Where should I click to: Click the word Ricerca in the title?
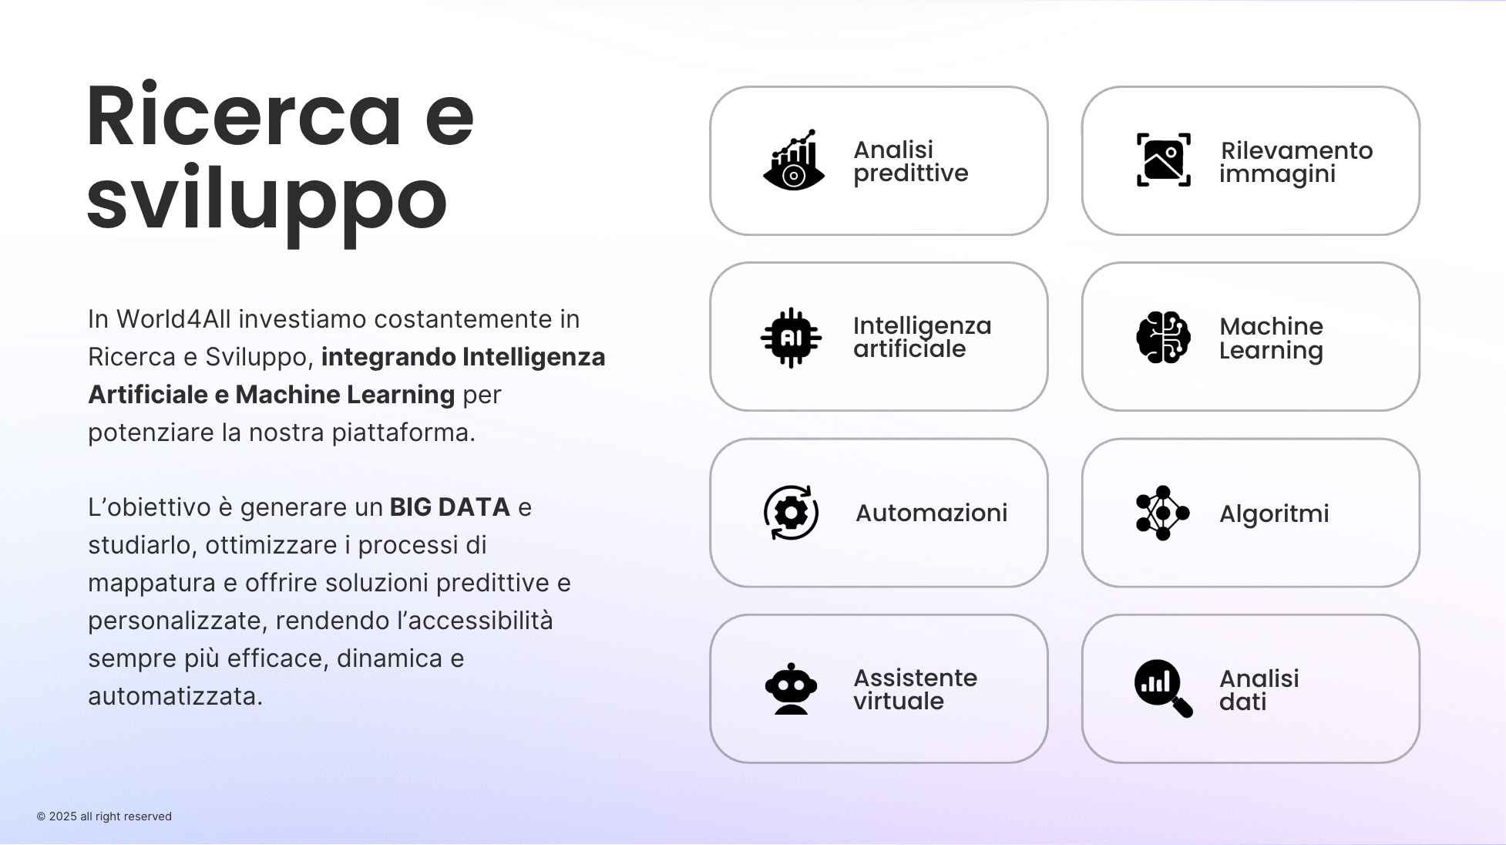[x=244, y=116]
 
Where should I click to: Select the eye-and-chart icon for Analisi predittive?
[x=794, y=160]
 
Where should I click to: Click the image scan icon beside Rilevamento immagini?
[x=1164, y=160]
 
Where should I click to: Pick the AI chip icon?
[x=791, y=338]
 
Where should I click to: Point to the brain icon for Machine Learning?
[x=1164, y=337]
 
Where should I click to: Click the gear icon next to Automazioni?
[x=791, y=513]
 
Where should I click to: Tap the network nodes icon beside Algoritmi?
[x=1163, y=513]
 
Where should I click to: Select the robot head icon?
[x=791, y=688]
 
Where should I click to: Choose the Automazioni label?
[x=931, y=513]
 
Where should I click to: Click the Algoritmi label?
[x=1274, y=513]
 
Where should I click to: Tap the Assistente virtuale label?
[x=915, y=689]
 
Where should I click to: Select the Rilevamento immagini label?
[x=1296, y=162]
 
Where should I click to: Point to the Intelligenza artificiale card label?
[x=922, y=337]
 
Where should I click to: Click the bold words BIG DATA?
[x=450, y=507]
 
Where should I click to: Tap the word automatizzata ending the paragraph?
[x=175, y=696]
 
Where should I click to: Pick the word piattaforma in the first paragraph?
[x=403, y=433]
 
